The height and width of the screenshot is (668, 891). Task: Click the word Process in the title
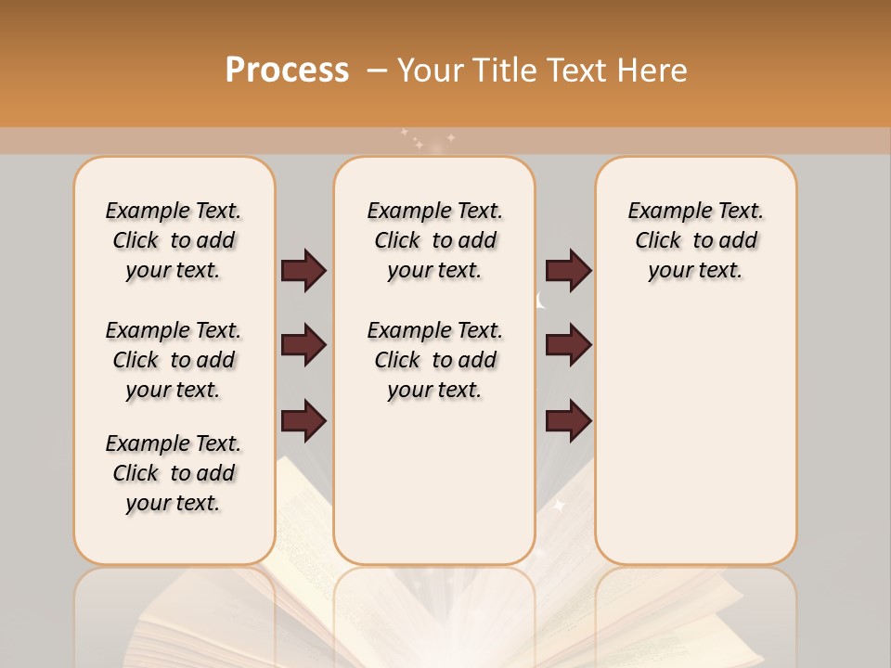(x=287, y=70)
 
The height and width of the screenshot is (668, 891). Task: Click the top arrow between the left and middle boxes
(x=303, y=271)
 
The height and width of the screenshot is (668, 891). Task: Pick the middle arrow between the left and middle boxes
(x=303, y=345)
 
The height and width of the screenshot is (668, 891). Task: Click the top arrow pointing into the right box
(x=568, y=271)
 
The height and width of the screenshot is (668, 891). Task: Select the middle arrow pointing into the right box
(x=568, y=345)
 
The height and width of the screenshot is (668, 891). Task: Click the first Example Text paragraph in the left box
(x=174, y=240)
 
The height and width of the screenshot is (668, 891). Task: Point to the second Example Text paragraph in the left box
(x=174, y=360)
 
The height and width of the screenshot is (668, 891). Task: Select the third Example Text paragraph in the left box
(x=174, y=473)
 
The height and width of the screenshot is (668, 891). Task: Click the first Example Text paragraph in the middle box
(x=435, y=240)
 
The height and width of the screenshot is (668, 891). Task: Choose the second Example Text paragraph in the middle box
(x=435, y=360)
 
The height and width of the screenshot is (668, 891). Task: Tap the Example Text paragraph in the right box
(x=696, y=240)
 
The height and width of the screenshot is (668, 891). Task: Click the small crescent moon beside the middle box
(x=541, y=300)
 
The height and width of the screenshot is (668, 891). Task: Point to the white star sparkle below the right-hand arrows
(x=560, y=506)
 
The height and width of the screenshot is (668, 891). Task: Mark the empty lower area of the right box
(x=696, y=436)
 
